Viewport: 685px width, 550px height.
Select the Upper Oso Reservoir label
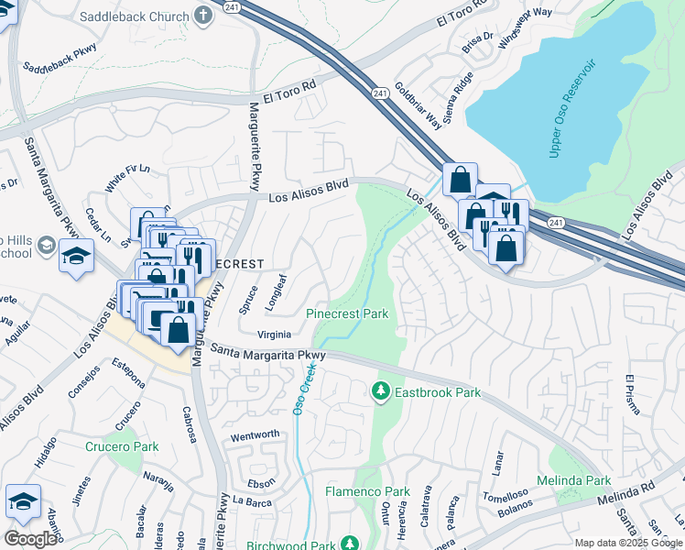point(572,107)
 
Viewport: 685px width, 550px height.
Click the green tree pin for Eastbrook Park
point(380,392)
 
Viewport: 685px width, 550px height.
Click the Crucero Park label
point(122,447)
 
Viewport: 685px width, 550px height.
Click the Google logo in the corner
point(31,539)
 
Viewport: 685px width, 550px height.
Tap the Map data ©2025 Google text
point(628,543)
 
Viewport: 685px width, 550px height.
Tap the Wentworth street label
point(255,434)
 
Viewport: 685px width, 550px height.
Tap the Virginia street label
point(276,335)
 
